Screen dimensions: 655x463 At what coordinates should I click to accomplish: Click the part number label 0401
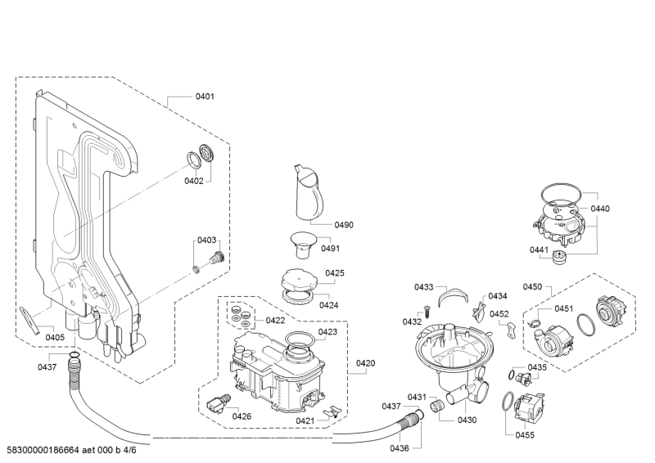click(x=205, y=97)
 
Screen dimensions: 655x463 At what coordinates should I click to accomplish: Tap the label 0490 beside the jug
click(x=344, y=225)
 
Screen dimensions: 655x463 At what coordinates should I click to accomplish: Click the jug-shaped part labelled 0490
click(x=309, y=191)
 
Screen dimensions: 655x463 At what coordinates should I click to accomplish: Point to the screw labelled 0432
click(x=427, y=312)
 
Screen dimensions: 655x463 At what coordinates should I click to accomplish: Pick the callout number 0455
click(x=525, y=435)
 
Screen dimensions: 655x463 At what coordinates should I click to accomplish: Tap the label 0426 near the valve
click(x=242, y=416)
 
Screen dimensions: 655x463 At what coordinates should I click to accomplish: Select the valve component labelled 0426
click(x=219, y=404)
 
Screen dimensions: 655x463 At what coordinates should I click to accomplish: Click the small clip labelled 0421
click(x=332, y=411)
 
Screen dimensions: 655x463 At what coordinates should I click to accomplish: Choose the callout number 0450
click(x=533, y=287)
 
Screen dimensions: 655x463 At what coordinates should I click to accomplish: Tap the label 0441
click(x=539, y=249)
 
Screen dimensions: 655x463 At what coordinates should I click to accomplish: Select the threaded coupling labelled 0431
click(x=436, y=405)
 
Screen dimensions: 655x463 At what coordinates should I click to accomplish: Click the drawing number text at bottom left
click(x=71, y=450)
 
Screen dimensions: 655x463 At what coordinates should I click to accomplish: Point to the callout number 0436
click(x=400, y=448)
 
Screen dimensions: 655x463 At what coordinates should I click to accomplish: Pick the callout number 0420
click(x=365, y=363)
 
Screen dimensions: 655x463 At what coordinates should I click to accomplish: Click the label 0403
click(x=207, y=240)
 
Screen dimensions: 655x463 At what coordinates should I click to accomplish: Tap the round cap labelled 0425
click(x=299, y=278)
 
